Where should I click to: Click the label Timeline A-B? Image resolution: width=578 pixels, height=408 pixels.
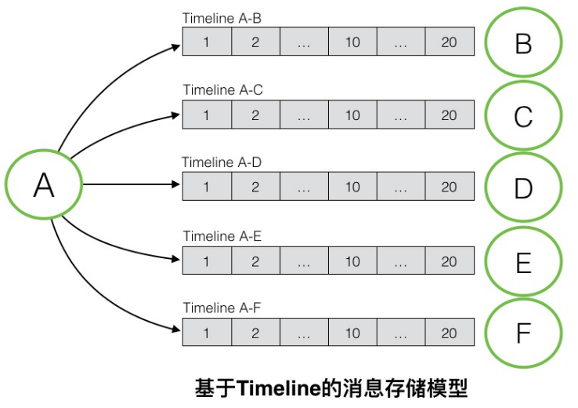tap(222, 18)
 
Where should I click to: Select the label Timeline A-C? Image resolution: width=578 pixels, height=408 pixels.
tap(223, 89)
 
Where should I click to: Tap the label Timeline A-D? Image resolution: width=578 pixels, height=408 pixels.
tap(222, 162)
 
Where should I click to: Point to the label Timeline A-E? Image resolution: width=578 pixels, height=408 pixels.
tap(222, 236)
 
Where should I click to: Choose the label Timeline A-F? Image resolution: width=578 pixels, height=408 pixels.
tap(222, 308)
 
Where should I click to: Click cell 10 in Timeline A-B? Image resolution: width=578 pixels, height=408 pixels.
tap(352, 42)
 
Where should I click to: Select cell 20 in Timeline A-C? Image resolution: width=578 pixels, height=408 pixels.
tap(450, 115)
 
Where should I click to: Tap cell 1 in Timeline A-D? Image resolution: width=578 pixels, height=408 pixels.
tap(207, 187)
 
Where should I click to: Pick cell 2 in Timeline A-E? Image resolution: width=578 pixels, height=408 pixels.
tap(255, 260)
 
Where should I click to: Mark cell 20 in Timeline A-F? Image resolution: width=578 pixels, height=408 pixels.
tap(450, 332)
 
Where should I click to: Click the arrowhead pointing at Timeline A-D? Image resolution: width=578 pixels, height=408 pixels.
tap(176, 184)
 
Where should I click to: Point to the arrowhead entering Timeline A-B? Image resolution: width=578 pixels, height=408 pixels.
tap(176, 48)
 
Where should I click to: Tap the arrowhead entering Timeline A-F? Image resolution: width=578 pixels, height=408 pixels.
tap(176, 328)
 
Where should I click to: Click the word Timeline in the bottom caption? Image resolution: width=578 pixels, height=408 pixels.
tap(276, 388)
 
